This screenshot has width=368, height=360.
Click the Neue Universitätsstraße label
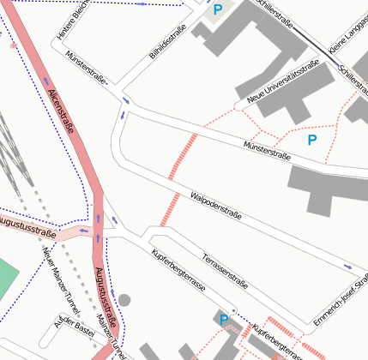(x=282, y=83)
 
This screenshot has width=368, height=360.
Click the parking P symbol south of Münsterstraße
(x=312, y=139)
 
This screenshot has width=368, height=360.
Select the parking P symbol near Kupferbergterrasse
(x=224, y=320)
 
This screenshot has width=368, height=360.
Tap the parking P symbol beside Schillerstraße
(x=218, y=9)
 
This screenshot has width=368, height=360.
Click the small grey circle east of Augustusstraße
(x=124, y=300)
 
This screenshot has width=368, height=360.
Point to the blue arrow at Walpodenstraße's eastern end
(x=347, y=267)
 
